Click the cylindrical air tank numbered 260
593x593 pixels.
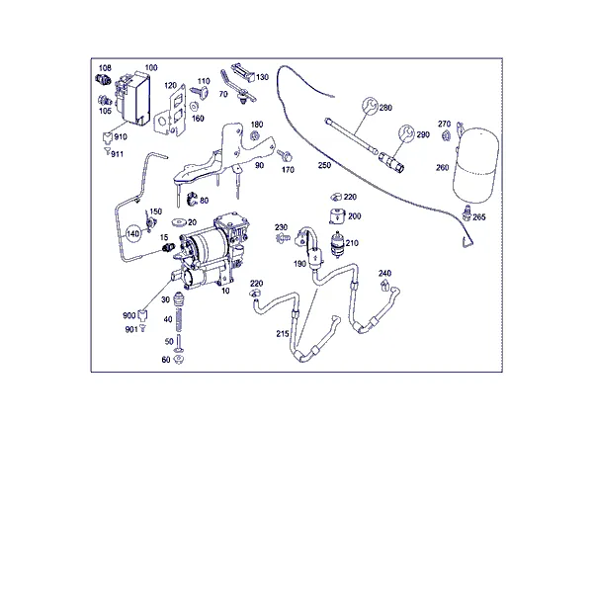coord(475,163)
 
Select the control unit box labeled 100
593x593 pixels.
coord(132,99)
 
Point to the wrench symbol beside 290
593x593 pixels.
coord(406,133)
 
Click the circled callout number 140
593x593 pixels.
coord(132,233)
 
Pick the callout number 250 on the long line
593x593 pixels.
coord(324,165)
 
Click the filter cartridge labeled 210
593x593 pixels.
coord(337,244)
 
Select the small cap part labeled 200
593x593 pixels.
coord(337,216)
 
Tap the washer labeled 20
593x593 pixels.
coord(179,222)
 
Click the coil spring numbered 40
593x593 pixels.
coord(179,320)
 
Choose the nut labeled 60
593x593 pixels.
coord(178,360)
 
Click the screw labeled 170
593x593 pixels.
coord(284,155)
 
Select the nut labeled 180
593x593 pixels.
coord(255,135)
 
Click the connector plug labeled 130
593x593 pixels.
coord(242,72)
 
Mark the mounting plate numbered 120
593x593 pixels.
coord(169,110)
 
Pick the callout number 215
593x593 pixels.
coord(283,334)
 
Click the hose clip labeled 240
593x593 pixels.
coord(384,287)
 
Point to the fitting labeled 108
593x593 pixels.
coord(103,79)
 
